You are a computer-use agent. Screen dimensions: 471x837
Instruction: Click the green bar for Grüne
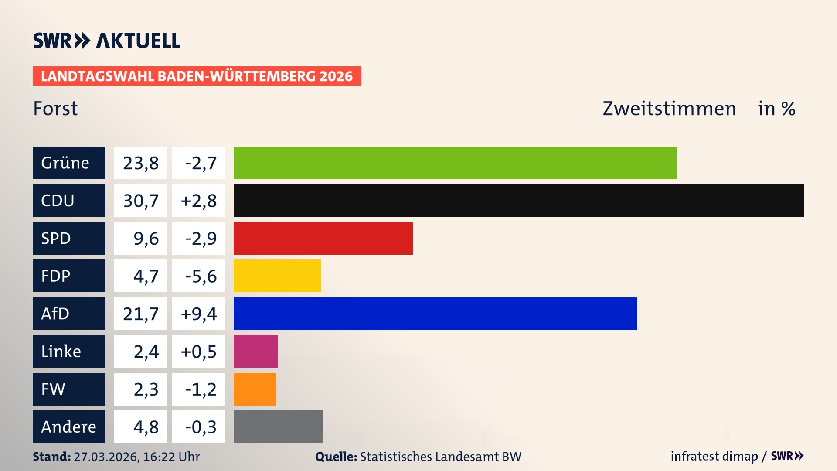pos(455,163)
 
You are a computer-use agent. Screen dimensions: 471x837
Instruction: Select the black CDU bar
pos(519,201)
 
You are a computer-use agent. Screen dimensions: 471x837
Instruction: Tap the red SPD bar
pos(323,238)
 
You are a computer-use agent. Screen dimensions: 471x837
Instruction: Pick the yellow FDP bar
pos(277,276)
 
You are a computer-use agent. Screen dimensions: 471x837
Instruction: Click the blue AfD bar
pos(435,314)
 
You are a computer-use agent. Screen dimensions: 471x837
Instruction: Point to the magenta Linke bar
pos(255,351)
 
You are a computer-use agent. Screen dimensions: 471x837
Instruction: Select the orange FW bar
pos(255,389)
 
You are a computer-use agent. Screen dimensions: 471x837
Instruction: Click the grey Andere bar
pos(278,427)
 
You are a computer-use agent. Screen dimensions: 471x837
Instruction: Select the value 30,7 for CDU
pos(140,201)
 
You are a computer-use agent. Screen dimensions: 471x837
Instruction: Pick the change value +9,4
pos(198,314)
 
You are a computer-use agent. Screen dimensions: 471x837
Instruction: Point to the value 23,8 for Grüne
pos(140,163)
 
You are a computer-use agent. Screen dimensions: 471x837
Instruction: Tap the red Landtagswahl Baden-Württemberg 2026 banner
pos(197,76)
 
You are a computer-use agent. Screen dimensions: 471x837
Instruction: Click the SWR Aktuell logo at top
pos(106,41)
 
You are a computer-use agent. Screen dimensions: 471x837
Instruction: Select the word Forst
pos(55,109)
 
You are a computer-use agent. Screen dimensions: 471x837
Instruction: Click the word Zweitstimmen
pos(669,109)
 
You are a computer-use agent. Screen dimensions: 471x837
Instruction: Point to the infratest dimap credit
pos(714,456)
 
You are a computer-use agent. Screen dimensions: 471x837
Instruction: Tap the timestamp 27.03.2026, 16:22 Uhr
pos(136,457)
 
